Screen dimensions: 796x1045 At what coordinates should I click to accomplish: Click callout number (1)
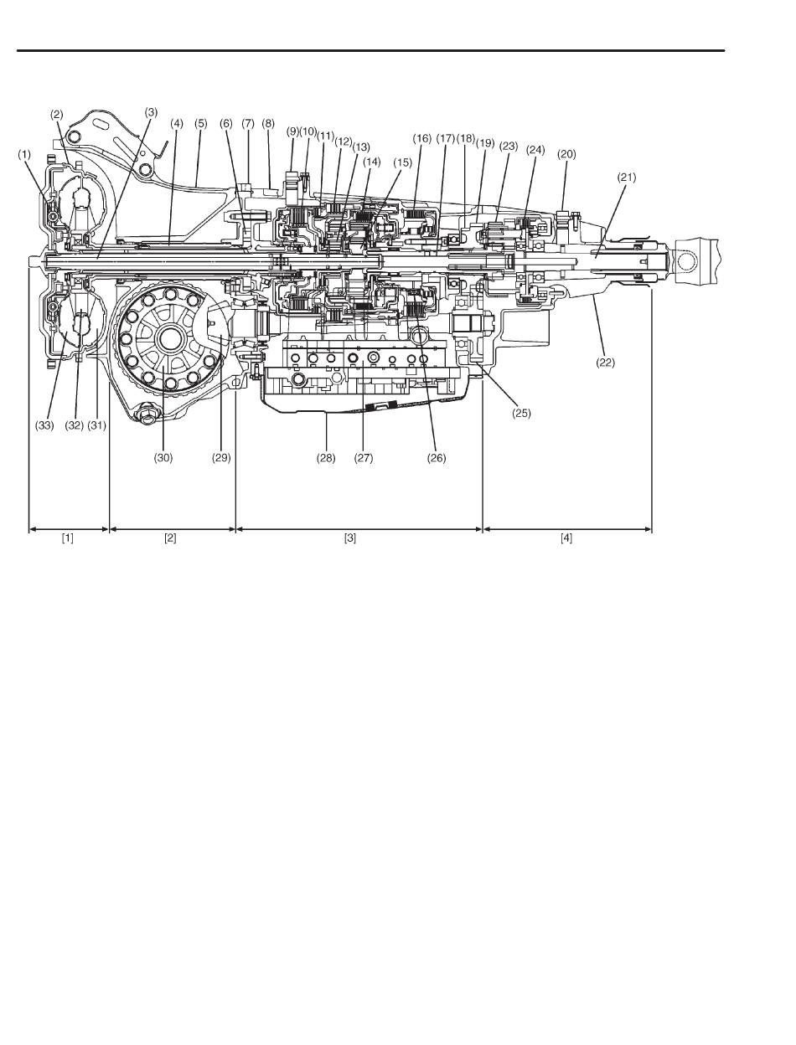24,155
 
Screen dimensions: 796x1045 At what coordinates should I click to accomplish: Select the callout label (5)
201,124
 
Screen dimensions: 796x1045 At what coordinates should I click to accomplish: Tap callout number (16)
421,138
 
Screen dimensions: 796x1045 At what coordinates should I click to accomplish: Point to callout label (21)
627,178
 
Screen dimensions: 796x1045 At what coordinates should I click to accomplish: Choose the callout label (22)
605,363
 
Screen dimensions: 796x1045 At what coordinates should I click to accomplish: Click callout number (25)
521,414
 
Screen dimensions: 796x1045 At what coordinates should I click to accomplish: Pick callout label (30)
163,458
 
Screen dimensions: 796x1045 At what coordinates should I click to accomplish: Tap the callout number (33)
44,425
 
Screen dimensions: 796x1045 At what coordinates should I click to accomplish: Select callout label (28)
326,458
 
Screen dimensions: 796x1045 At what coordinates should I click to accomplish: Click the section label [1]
68,538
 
